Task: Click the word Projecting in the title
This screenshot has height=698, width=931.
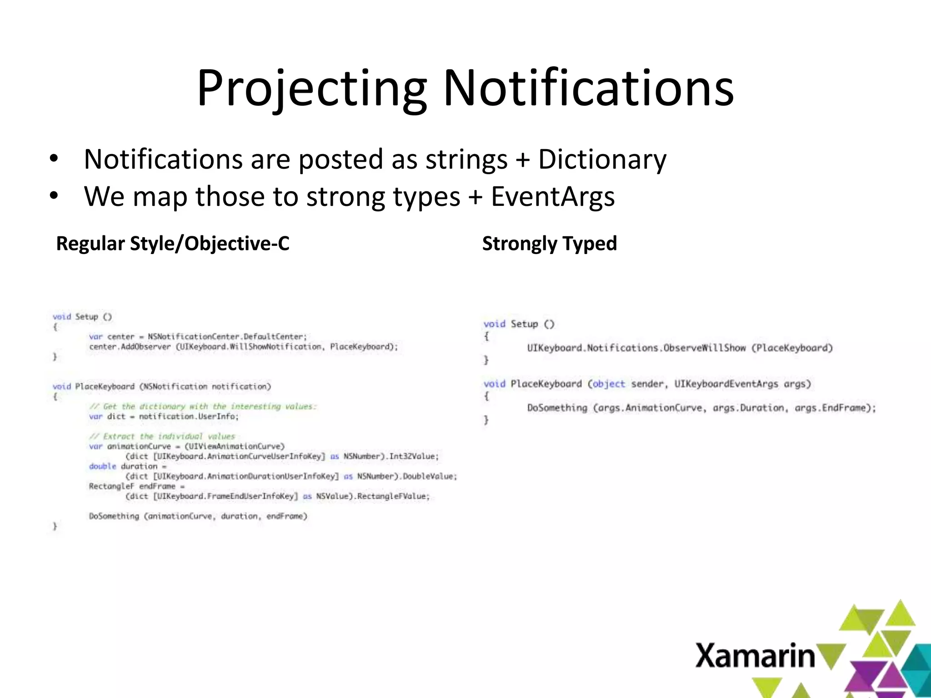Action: (312, 89)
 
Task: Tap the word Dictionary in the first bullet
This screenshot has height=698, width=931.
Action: (602, 160)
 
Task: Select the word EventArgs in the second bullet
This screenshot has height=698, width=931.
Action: (553, 197)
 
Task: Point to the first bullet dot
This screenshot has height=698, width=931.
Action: (54, 159)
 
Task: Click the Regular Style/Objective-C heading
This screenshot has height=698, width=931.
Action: (173, 244)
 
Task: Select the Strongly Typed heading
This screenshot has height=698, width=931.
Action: (549, 244)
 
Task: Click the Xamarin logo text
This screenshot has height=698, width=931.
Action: (755, 656)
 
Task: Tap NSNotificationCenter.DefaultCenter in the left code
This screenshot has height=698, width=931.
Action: (227, 337)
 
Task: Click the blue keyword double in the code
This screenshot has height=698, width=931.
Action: (103, 466)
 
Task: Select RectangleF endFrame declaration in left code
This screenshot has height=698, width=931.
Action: (132, 486)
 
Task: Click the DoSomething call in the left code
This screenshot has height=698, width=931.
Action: (114, 516)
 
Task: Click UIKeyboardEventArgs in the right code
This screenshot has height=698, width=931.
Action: (726, 384)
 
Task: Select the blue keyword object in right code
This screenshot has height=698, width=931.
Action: (609, 384)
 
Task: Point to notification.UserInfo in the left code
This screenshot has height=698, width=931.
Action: (187, 416)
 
